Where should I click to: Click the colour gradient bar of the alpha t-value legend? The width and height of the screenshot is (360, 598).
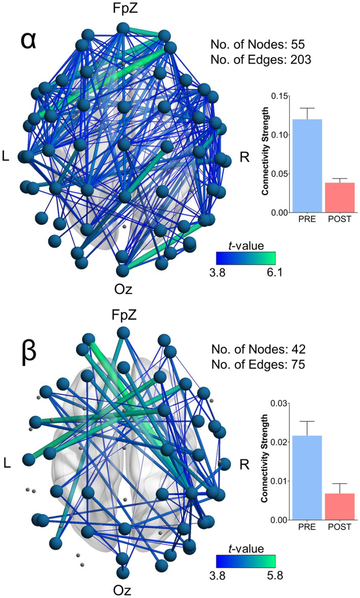click(x=246, y=258)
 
